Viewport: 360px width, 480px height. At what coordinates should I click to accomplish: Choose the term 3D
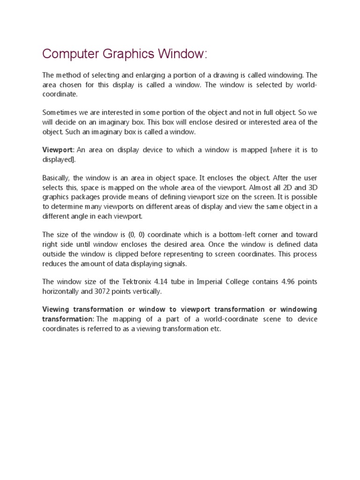[x=311, y=187]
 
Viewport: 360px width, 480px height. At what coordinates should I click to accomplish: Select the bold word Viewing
[x=56, y=310]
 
